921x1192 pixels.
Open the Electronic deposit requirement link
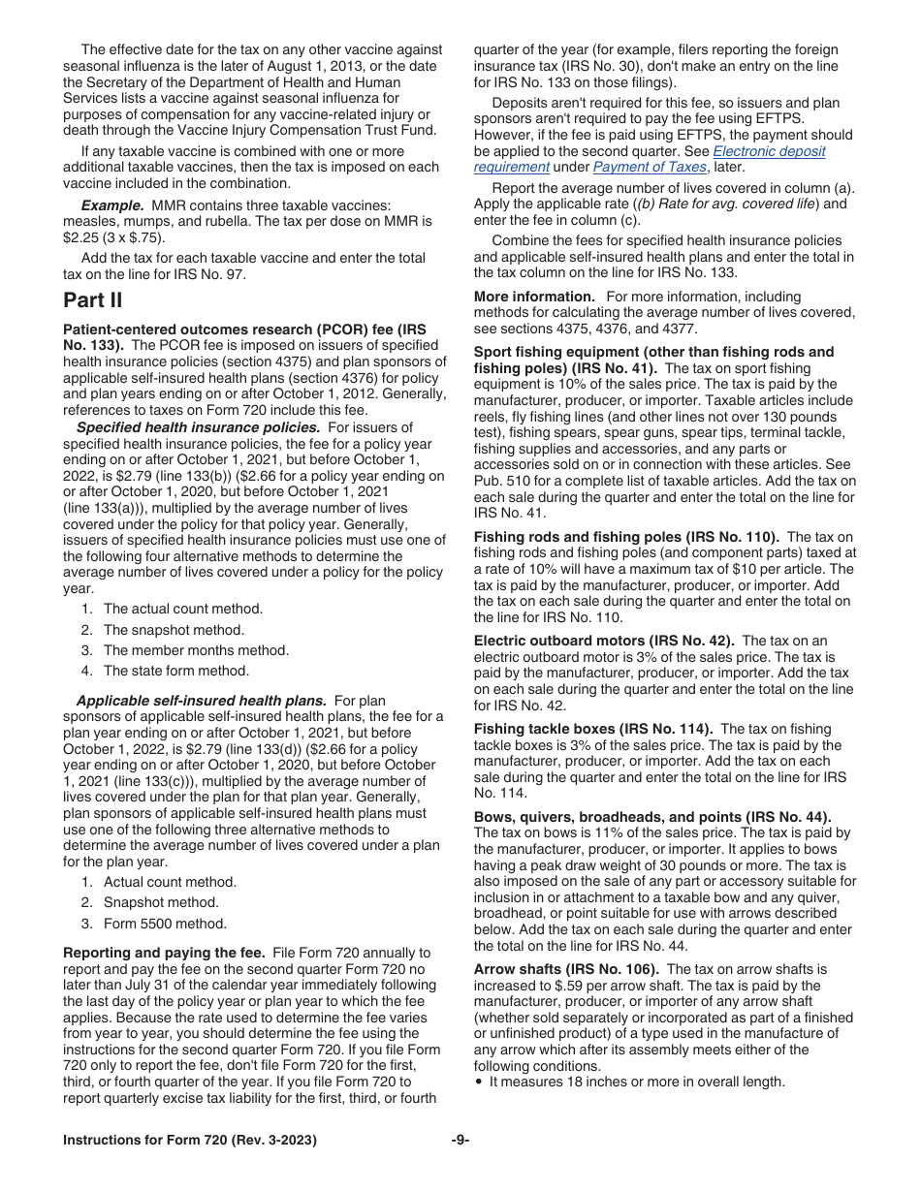pyautogui.click(x=769, y=151)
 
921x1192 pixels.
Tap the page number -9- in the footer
pyautogui.click(x=460, y=1140)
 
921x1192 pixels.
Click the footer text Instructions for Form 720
pyautogui.click(x=189, y=1140)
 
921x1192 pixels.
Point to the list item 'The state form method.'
pyautogui.click(x=175, y=671)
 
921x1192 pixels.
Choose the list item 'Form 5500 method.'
pyautogui.click(x=165, y=924)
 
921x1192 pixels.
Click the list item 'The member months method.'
pyautogui.click(x=196, y=650)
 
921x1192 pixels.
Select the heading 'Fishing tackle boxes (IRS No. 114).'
pyautogui.click(x=593, y=729)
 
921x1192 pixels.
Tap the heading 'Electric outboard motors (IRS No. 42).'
pyautogui.click(x=604, y=641)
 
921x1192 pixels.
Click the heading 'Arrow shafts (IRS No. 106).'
pyautogui.click(x=566, y=969)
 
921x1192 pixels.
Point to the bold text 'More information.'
pyautogui.click(x=534, y=297)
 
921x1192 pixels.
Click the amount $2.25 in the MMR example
pyautogui.click(x=80, y=237)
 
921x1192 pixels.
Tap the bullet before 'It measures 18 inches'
pyautogui.click(x=480, y=1082)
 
